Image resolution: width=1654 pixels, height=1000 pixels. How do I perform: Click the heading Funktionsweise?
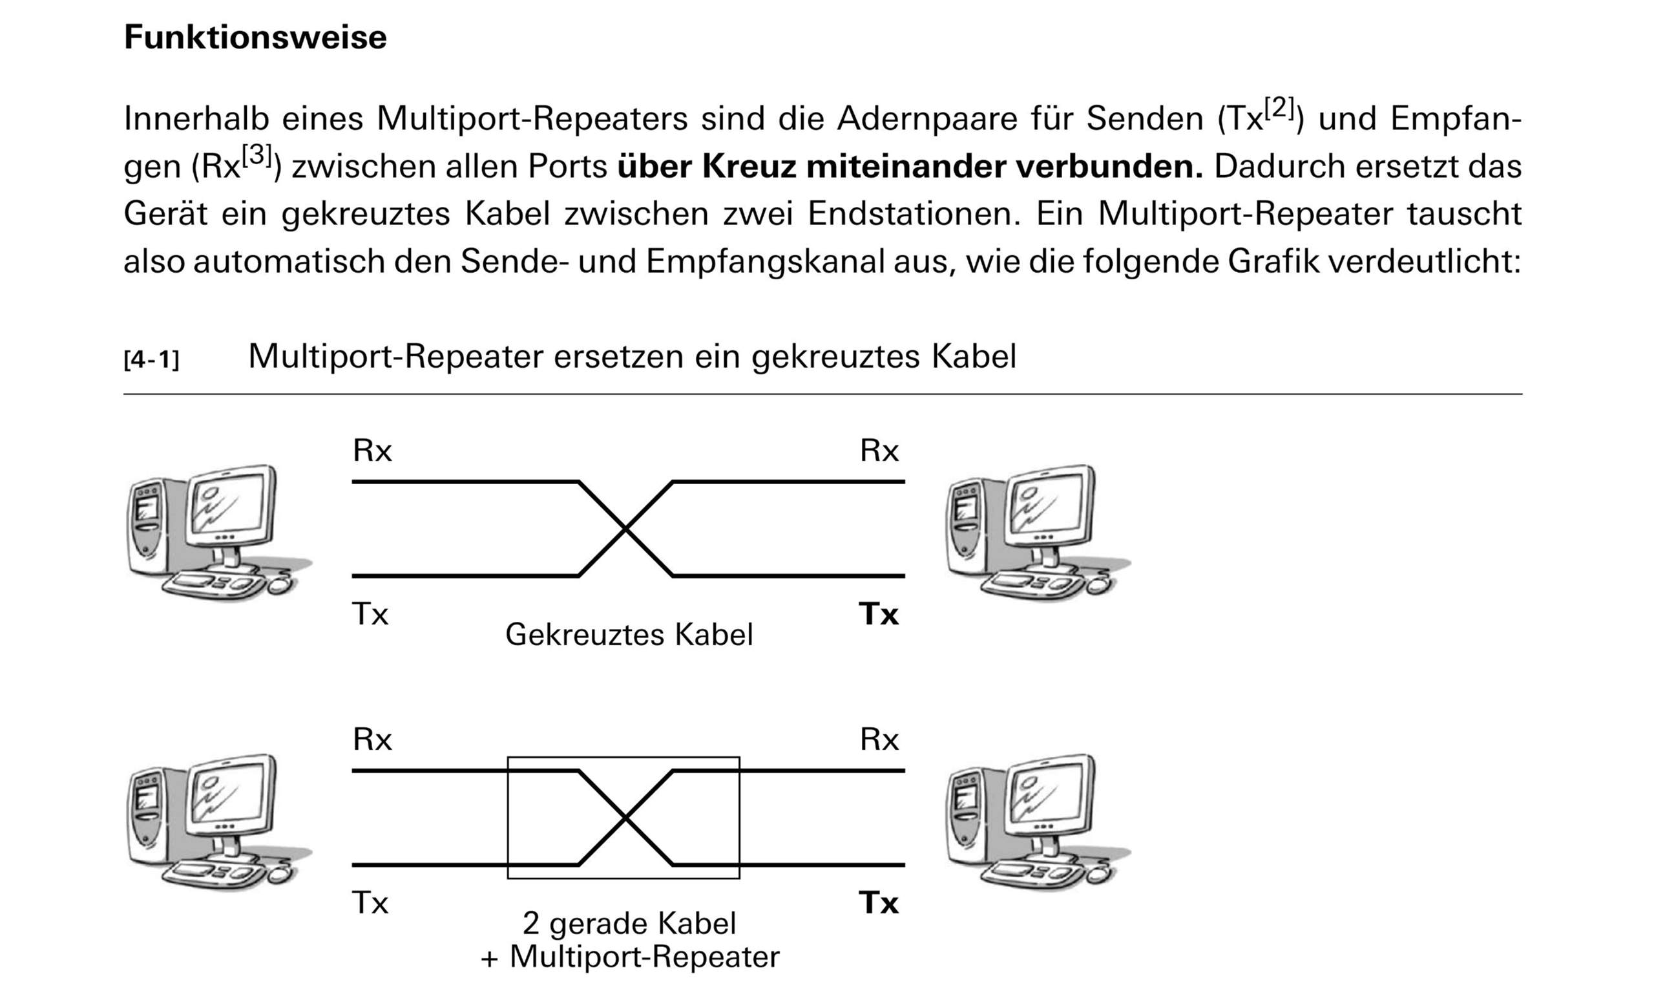click(x=255, y=37)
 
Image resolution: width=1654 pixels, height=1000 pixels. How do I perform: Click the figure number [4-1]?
click(x=152, y=360)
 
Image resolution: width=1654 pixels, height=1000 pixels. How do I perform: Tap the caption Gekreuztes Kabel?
click(x=629, y=634)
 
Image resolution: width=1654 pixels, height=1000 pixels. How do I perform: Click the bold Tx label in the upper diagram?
click(x=878, y=614)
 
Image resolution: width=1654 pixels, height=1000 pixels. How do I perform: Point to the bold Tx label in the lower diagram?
click(x=878, y=902)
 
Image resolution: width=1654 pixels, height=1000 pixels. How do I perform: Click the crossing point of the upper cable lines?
click(x=625, y=529)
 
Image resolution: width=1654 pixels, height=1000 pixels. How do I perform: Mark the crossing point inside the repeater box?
click(x=625, y=818)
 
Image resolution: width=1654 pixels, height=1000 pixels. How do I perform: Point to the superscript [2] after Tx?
click(x=1279, y=107)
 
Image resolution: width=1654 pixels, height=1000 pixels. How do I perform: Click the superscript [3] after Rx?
click(x=257, y=156)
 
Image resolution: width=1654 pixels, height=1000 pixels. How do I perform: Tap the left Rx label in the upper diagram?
click(x=372, y=451)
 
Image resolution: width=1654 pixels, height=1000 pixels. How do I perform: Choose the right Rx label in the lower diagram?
click(x=879, y=739)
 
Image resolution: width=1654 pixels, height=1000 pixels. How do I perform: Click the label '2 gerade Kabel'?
click(x=629, y=924)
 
